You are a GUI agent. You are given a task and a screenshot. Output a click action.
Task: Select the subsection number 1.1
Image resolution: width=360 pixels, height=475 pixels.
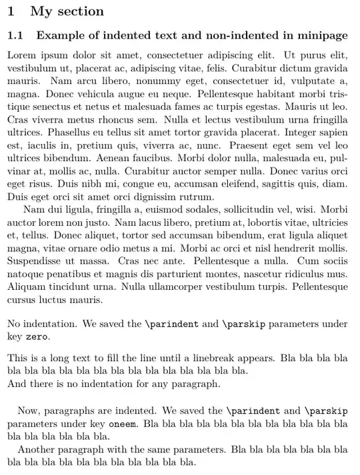pos(15,35)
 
